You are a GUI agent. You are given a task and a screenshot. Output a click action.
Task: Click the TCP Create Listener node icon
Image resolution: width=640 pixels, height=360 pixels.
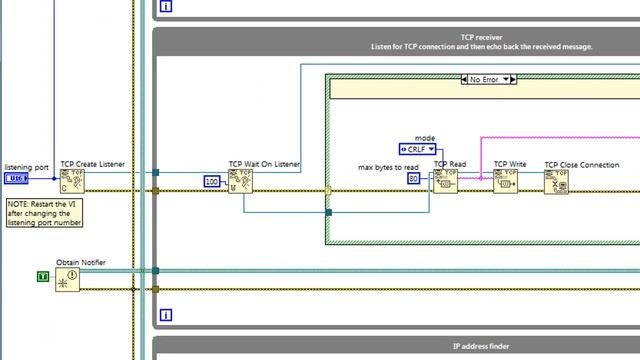(72, 181)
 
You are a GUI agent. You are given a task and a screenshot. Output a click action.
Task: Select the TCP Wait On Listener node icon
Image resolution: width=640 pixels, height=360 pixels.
(241, 181)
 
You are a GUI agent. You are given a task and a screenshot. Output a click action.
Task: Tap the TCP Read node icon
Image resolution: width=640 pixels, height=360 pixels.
(445, 181)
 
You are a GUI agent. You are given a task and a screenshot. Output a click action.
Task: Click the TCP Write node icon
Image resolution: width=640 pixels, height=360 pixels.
(505, 181)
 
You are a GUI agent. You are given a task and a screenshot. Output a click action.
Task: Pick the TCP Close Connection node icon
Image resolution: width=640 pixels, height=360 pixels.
(557, 181)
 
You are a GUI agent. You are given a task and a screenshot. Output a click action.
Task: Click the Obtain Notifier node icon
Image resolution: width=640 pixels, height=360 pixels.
(68, 279)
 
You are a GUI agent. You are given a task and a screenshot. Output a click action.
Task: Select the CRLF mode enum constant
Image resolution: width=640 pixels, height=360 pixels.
(418, 149)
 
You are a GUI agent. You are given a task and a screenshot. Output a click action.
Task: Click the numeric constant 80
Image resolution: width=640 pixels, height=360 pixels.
(413, 179)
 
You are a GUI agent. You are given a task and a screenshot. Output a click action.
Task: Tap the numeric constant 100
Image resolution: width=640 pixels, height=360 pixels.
(212, 181)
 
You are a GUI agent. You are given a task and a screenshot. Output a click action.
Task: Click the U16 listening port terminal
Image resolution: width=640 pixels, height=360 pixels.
(16, 179)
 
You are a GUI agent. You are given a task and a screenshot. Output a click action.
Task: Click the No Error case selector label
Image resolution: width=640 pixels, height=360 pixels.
(487, 79)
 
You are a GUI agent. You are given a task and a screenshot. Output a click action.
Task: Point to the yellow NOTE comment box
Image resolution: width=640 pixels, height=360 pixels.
(44, 212)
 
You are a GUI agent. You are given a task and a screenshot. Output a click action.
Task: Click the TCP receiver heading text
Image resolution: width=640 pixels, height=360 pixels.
(481, 37)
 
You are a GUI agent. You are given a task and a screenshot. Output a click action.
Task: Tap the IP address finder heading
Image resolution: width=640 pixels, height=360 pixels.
(481, 346)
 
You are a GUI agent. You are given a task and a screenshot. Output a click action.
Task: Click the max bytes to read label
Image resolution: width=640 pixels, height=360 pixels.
(388, 166)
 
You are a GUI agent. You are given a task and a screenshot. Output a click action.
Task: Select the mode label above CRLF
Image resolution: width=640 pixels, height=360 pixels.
(425, 137)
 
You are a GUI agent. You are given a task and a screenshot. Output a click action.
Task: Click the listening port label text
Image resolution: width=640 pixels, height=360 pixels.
(26, 167)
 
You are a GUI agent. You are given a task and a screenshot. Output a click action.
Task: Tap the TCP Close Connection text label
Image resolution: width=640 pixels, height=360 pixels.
(581, 165)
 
